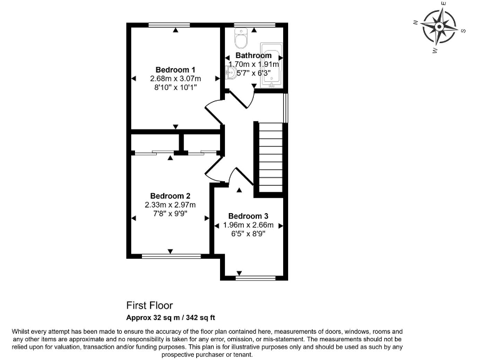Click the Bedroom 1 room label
[x=175, y=70]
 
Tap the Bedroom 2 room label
[x=170, y=196]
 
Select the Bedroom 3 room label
[x=248, y=216]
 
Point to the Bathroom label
[x=254, y=56]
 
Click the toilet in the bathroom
[x=241, y=38]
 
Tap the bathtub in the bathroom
[x=271, y=65]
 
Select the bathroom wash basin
[x=230, y=73]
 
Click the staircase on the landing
[x=271, y=157]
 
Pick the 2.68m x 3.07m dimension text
[x=176, y=79]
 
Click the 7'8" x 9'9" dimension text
[x=170, y=213]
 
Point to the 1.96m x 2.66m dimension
[x=248, y=225]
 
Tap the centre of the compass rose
[x=439, y=27]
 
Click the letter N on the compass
[x=416, y=22]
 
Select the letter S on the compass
[x=464, y=31]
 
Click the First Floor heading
[x=149, y=306]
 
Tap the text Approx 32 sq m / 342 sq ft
[x=171, y=317]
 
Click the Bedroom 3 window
[x=256, y=278]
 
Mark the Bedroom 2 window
[x=171, y=256]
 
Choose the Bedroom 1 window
[x=169, y=25]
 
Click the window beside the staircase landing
[x=285, y=107]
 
